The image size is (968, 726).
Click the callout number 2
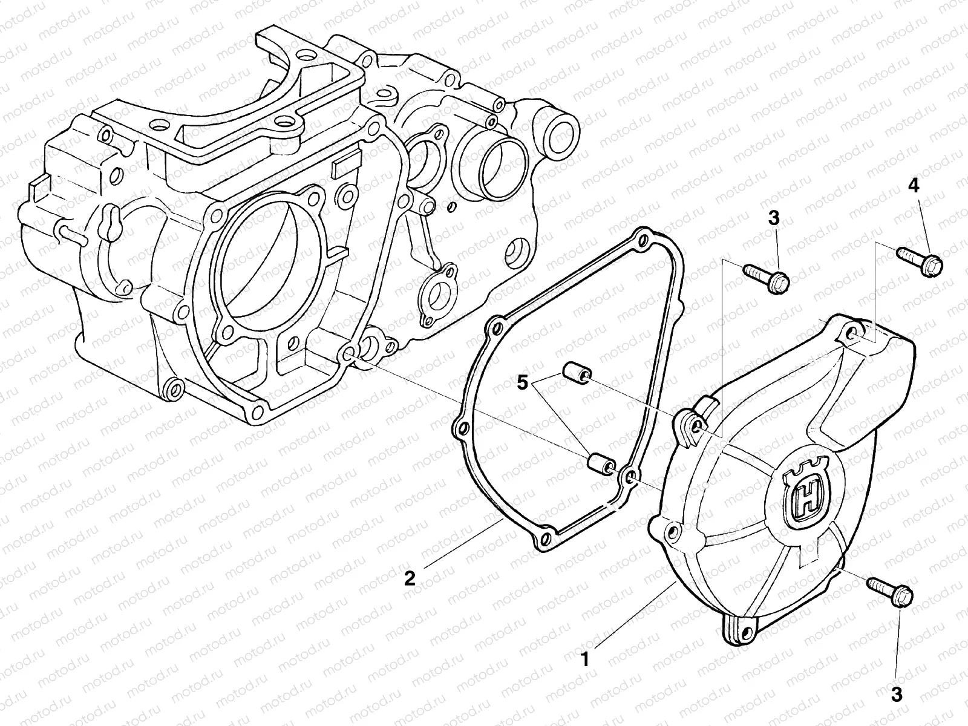[410, 578]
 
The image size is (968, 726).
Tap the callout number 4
[914, 186]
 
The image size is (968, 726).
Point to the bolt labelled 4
[919, 259]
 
